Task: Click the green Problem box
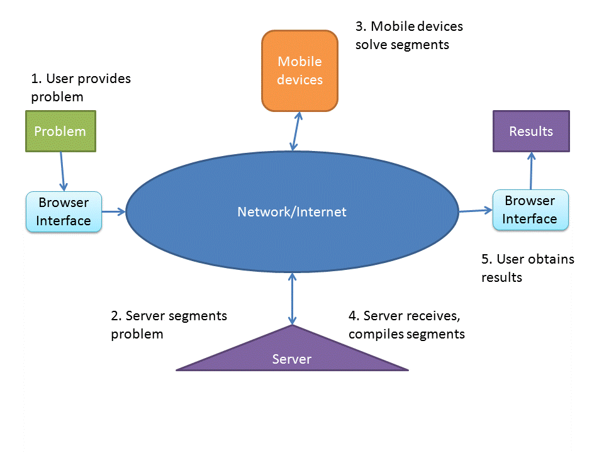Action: click(x=60, y=131)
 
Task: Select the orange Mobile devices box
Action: click(x=300, y=70)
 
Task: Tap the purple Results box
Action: click(x=531, y=131)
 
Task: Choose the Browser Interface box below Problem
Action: click(x=64, y=212)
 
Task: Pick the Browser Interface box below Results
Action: click(x=530, y=210)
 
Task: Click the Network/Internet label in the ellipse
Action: click(x=292, y=212)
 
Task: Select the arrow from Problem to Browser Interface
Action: click(x=62, y=171)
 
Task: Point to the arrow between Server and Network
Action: click(x=292, y=299)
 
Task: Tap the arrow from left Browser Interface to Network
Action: click(x=114, y=211)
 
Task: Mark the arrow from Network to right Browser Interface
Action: click(x=475, y=211)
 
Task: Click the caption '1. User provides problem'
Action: click(x=81, y=88)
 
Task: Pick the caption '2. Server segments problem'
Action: click(x=169, y=325)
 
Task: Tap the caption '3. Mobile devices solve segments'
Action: click(x=409, y=35)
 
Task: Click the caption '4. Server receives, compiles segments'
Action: click(x=406, y=325)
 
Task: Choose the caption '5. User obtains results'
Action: click(x=527, y=268)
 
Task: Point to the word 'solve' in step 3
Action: click(x=370, y=45)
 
